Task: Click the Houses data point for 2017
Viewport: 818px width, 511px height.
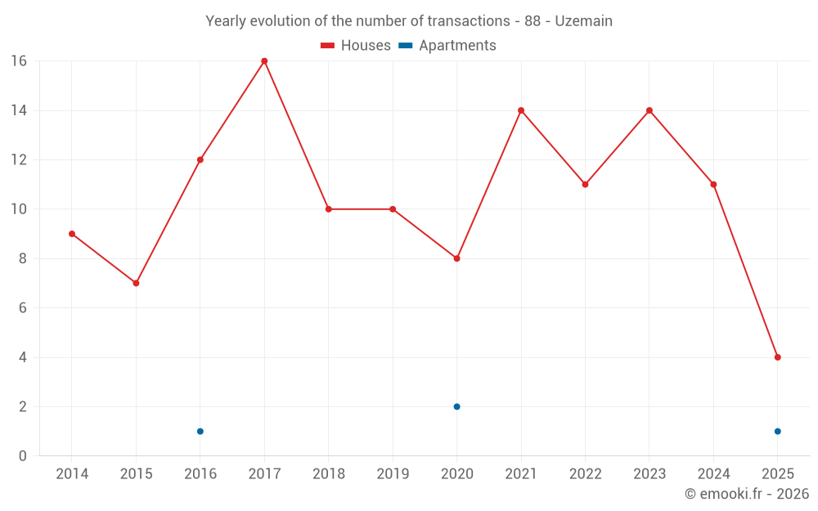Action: [264, 61]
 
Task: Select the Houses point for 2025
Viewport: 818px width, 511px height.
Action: [777, 357]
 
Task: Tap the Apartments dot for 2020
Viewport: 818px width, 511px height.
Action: [456, 406]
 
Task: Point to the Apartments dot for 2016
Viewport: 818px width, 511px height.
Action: [200, 431]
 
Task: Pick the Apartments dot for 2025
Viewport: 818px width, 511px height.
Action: [777, 431]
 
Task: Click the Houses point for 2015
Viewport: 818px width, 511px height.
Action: [136, 283]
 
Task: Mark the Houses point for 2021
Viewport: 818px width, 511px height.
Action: [521, 110]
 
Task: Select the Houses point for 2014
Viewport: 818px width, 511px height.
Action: [72, 234]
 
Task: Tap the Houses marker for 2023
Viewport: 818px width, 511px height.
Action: [649, 110]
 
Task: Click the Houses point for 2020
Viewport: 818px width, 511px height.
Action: [456, 258]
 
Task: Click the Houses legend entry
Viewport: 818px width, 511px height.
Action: [356, 46]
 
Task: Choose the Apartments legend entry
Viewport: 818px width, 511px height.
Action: [447, 46]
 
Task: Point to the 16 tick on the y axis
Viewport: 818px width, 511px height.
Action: [18, 61]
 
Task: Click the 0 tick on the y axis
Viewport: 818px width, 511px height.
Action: [22, 456]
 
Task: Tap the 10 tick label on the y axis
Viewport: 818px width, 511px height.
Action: [18, 209]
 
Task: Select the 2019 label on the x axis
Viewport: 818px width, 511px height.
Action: [393, 474]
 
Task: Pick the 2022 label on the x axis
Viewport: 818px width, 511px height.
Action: [585, 474]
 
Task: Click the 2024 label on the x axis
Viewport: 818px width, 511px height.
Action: [713, 474]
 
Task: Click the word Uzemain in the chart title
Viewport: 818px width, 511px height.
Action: [583, 21]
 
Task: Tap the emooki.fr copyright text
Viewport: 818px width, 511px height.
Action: [747, 494]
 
